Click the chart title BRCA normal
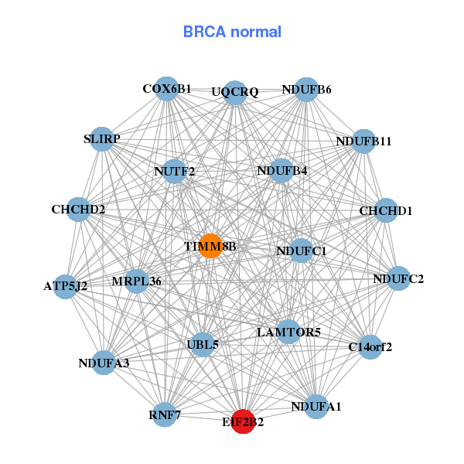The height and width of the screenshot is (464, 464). pyautogui.click(x=232, y=32)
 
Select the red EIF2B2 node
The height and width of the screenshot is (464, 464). pyautogui.click(x=243, y=421)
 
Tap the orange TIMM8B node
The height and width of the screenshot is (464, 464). pyautogui.click(x=210, y=246)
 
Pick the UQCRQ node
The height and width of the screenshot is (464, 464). pyautogui.click(x=235, y=93)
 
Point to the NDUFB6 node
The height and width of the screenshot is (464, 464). pyautogui.click(x=307, y=89)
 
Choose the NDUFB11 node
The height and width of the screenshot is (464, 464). pyautogui.click(x=363, y=142)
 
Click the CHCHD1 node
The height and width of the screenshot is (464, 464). pyautogui.click(x=386, y=210)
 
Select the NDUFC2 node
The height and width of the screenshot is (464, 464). pyautogui.click(x=397, y=278)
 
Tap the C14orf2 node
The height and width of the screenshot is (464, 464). pyautogui.click(x=370, y=346)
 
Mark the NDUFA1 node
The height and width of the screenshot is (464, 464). pyautogui.click(x=316, y=406)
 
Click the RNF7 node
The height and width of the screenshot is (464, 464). pyautogui.click(x=165, y=415)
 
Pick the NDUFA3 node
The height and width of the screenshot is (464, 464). pyautogui.click(x=105, y=362)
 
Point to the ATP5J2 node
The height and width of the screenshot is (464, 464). pyautogui.click(x=66, y=285)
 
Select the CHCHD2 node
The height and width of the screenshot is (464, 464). pyautogui.click(x=78, y=209)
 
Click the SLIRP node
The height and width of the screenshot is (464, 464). pyautogui.click(x=102, y=139)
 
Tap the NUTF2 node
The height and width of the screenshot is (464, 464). pyautogui.click(x=175, y=171)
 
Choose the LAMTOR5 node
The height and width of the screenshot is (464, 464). pyautogui.click(x=288, y=332)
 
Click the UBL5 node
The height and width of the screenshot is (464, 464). pyautogui.click(x=203, y=344)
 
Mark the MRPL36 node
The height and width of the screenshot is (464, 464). pyautogui.click(x=137, y=281)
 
